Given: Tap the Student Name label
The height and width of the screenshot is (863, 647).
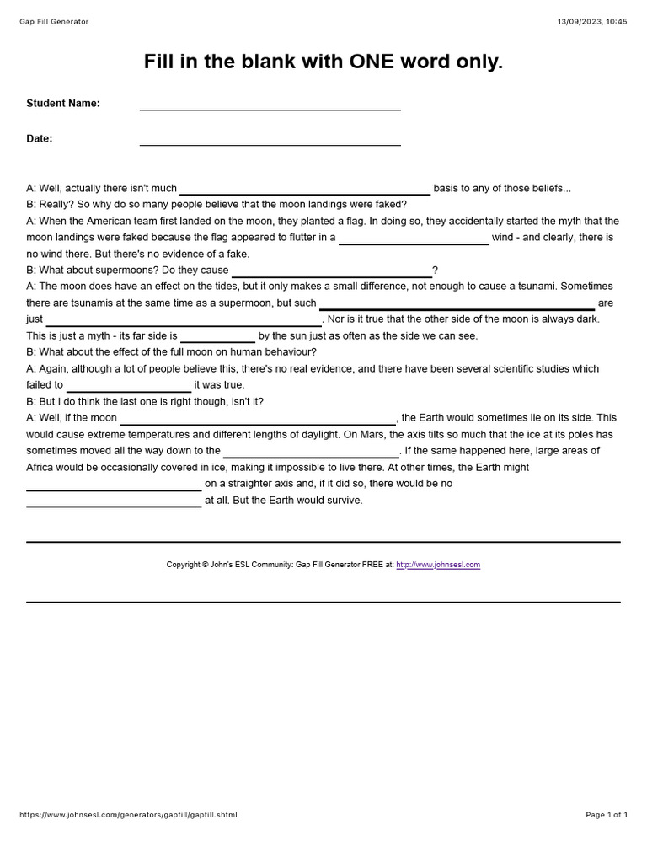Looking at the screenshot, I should coord(63,103).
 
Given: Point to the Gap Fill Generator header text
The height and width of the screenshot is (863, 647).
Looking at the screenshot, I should coord(54,21).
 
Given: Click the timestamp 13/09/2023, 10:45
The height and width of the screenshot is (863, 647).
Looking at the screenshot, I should coord(592,21).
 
